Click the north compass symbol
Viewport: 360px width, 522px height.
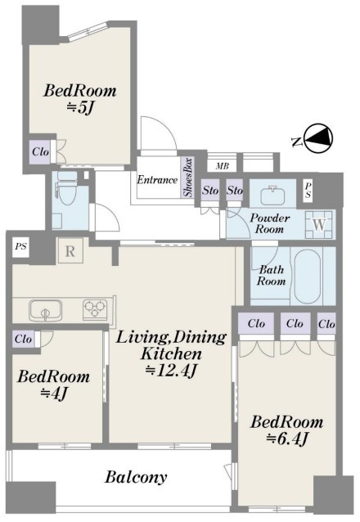click(x=319, y=139)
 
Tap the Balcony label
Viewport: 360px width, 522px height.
click(x=136, y=477)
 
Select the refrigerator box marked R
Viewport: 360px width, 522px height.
click(x=70, y=251)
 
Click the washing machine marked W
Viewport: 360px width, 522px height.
click(x=319, y=225)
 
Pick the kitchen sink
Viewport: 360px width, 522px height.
click(x=45, y=310)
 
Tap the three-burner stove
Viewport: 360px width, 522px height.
click(x=95, y=308)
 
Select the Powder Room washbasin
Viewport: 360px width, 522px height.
click(x=272, y=196)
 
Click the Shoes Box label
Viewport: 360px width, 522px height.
click(x=188, y=178)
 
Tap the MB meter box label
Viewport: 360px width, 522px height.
click(x=222, y=165)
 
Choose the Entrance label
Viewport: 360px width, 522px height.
click(x=157, y=180)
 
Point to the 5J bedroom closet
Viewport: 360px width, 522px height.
click(x=40, y=152)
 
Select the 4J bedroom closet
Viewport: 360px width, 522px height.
click(x=23, y=339)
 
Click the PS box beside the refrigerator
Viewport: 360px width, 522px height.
click(x=21, y=247)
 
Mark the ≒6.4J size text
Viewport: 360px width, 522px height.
click(x=286, y=439)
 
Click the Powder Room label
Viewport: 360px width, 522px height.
click(x=269, y=223)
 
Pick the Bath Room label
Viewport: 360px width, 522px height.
click(x=271, y=275)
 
